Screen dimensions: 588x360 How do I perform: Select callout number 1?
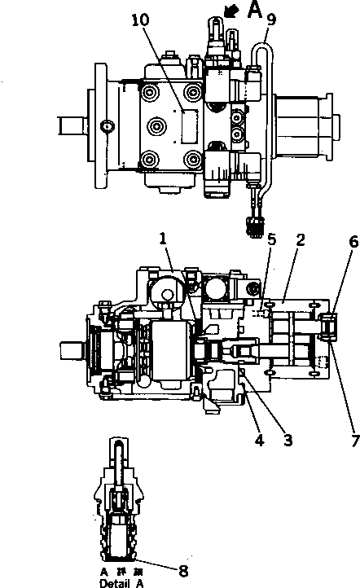tap(164, 240)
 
